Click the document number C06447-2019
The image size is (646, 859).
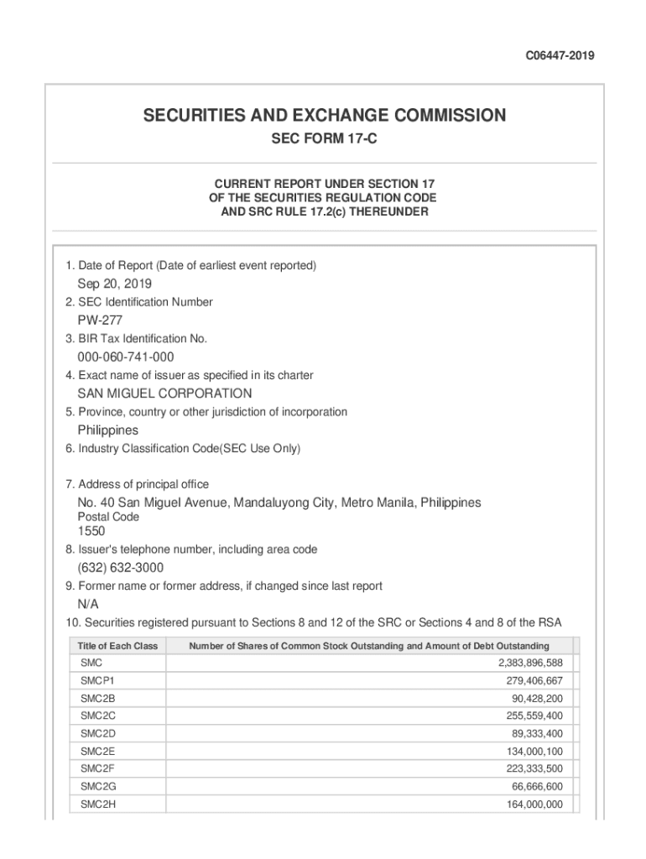point(560,55)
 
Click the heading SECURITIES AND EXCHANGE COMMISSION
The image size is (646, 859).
point(324,116)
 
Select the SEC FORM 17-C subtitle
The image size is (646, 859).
point(324,138)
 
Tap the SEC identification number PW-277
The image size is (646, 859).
point(101,320)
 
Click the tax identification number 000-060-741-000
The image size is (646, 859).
point(126,357)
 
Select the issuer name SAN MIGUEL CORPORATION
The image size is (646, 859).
point(164,393)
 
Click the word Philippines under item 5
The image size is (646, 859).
point(108,429)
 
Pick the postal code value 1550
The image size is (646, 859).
point(91,531)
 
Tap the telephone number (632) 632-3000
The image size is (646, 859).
point(121,568)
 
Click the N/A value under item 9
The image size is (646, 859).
point(88,604)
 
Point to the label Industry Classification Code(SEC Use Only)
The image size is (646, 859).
point(183,449)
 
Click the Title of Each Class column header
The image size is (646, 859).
point(117,646)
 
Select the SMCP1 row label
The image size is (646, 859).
point(97,680)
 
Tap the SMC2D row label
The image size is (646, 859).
point(97,733)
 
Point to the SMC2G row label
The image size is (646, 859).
point(97,787)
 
